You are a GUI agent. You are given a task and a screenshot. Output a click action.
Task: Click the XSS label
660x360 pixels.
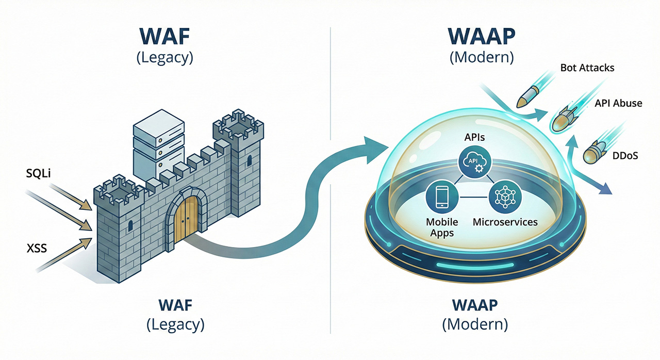[x=36, y=249]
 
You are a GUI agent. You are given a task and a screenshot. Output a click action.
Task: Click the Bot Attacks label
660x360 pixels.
[x=587, y=68]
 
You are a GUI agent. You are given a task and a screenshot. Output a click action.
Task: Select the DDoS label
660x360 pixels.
[x=623, y=155]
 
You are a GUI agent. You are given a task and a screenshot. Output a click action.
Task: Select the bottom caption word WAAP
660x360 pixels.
[x=474, y=305]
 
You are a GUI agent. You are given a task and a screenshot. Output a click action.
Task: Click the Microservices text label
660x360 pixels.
[x=505, y=222]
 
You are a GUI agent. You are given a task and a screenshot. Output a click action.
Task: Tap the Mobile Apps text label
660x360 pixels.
[x=442, y=227]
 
